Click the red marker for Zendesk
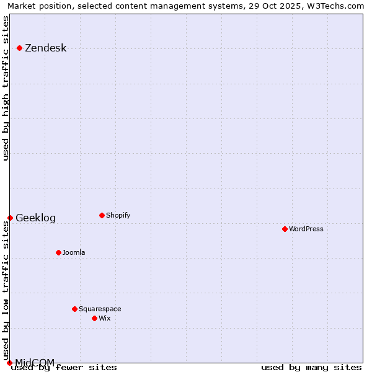click(20, 48)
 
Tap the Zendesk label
click(45, 48)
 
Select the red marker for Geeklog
click(11, 218)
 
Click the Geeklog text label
click(35, 218)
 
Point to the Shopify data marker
click(102, 216)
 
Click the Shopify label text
click(118, 216)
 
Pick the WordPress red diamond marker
click(285, 229)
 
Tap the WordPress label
click(306, 229)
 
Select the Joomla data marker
click(59, 252)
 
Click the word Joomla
click(74, 253)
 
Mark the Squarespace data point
click(74, 309)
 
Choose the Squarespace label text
click(100, 309)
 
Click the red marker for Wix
click(94, 318)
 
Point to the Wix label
click(105, 319)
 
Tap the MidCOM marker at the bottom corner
click(9, 363)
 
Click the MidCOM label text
click(35, 362)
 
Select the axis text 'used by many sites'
click(311, 368)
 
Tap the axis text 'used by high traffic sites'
click(6, 88)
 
